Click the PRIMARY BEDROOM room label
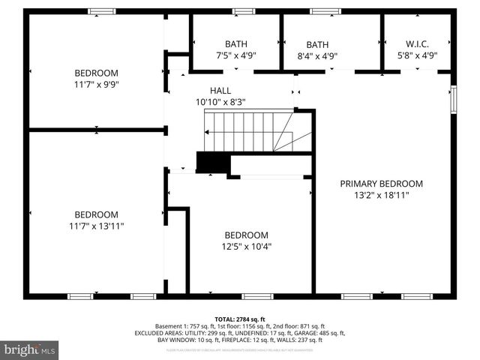point(381,184)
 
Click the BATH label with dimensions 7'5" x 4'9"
point(235,44)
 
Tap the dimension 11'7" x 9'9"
point(96,84)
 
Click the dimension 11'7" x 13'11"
point(96,225)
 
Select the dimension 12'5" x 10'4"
point(246,245)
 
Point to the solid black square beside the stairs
point(210,163)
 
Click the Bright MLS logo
point(30,349)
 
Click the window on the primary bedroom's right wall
point(453,100)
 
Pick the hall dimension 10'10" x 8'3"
point(220,101)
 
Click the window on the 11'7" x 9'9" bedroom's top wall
point(101,11)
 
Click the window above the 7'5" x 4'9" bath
point(243,11)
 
